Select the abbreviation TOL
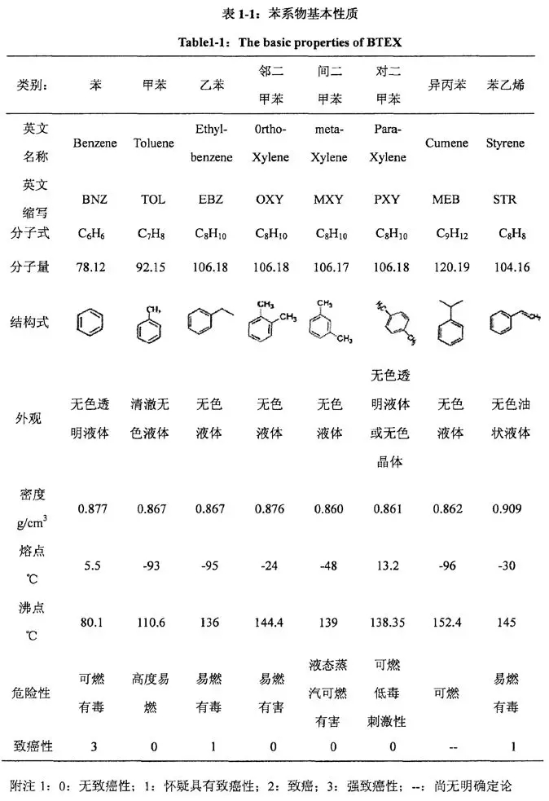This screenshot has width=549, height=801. tap(153, 199)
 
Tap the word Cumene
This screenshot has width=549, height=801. tap(447, 143)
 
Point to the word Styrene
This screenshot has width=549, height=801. tap(505, 143)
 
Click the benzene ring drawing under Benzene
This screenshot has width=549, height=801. tap(90, 323)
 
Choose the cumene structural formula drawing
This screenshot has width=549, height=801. tap(449, 321)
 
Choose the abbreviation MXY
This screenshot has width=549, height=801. tap(328, 199)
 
